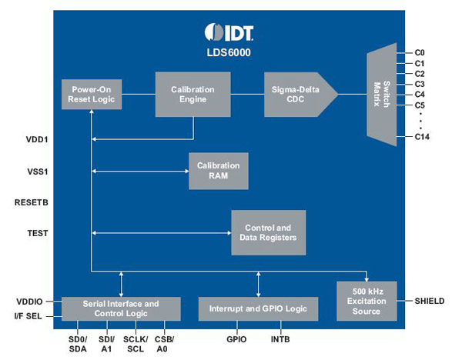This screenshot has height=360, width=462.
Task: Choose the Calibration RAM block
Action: (x=218, y=170)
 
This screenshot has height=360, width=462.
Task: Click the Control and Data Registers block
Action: (x=268, y=232)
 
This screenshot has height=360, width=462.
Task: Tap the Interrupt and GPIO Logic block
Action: (x=258, y=308)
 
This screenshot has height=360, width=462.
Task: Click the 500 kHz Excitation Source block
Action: (x=366, y=300)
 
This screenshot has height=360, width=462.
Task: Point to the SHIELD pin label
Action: (x=429, y=300)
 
